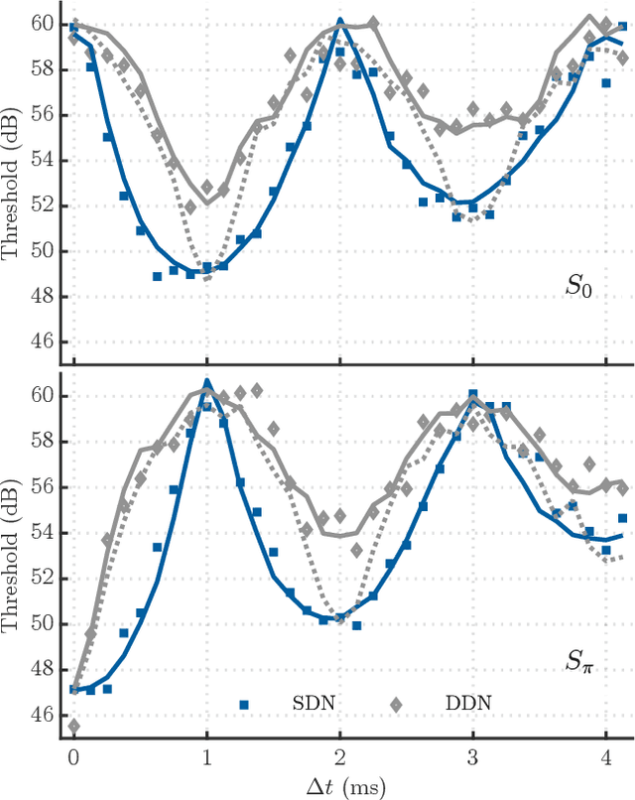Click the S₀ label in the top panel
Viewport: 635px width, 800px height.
point(580,288)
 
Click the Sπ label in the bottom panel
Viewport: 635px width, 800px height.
point(581,660)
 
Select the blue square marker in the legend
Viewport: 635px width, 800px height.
point(243,704)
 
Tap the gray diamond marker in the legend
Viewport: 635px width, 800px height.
point(395,704)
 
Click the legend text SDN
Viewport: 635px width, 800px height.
point(313,704)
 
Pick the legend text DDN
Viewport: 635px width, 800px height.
point(469,704)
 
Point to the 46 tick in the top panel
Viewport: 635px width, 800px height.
point(43,342)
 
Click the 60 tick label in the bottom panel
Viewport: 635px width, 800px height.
point(43,396)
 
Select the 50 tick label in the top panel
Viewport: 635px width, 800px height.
point(43,251)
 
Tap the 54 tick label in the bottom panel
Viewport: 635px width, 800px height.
point(43,533)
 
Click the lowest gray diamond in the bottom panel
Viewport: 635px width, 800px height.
point(73,727)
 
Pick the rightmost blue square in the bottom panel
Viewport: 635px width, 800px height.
point(622,518)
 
